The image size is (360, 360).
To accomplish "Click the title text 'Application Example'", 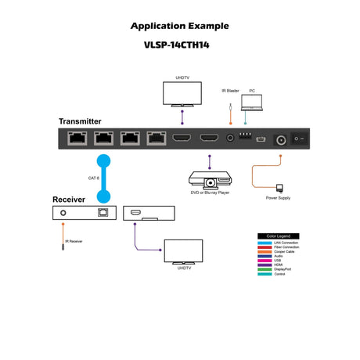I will [181, 25].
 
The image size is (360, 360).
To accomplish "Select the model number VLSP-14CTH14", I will [181, 45].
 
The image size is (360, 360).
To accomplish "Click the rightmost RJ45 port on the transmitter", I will [156, 140].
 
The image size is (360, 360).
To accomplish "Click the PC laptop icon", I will [252, 101].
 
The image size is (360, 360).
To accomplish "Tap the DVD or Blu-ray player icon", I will [207, 180].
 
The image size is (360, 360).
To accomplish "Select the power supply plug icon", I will [279, 188].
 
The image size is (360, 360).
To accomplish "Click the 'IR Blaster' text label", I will [229, 91].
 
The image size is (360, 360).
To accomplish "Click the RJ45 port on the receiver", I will [101, 213].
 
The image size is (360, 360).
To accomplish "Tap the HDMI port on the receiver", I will [134, 212].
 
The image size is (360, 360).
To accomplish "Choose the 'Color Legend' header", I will [279, 236].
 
